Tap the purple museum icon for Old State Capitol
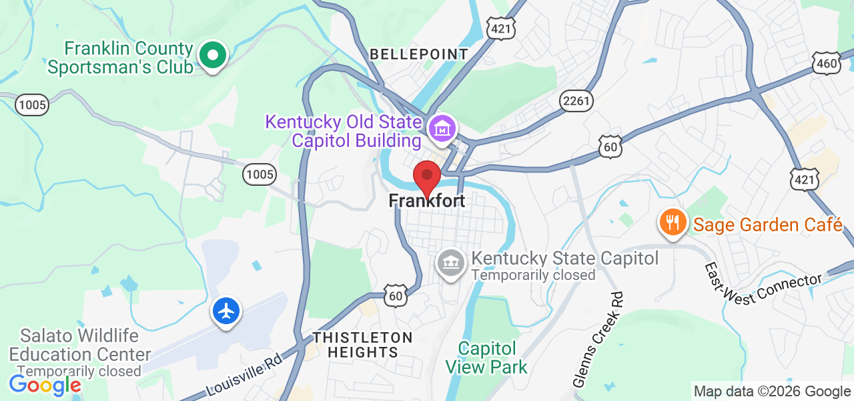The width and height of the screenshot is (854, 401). [x=442, y=127]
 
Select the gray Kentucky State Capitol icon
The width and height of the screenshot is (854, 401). [x=450, y=262]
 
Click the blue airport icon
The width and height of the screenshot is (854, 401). [x=227, y=311]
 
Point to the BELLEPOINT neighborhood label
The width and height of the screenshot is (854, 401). [x=419, y=54]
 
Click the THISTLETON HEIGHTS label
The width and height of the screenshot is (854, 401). [x=363, y=344]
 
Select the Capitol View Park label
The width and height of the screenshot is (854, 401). [x=486, y=358]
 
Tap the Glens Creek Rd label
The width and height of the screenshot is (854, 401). [x=598, y=340]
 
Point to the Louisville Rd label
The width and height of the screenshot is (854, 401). [x=245, y=374]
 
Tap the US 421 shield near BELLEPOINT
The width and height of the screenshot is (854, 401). [x=500, y=27]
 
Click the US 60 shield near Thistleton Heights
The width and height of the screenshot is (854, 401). [x=396, y=295]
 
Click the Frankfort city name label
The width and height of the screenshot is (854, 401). [x=427, y=200]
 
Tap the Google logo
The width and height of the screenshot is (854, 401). [x=45, y=385]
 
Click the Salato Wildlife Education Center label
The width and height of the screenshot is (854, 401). [x=80, y=345]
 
